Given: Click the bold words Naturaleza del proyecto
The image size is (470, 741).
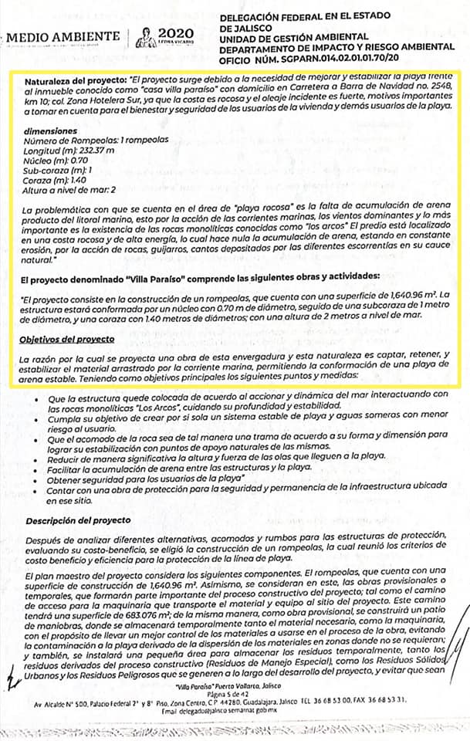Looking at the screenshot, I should pyautogui.click(x=74, y=80).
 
